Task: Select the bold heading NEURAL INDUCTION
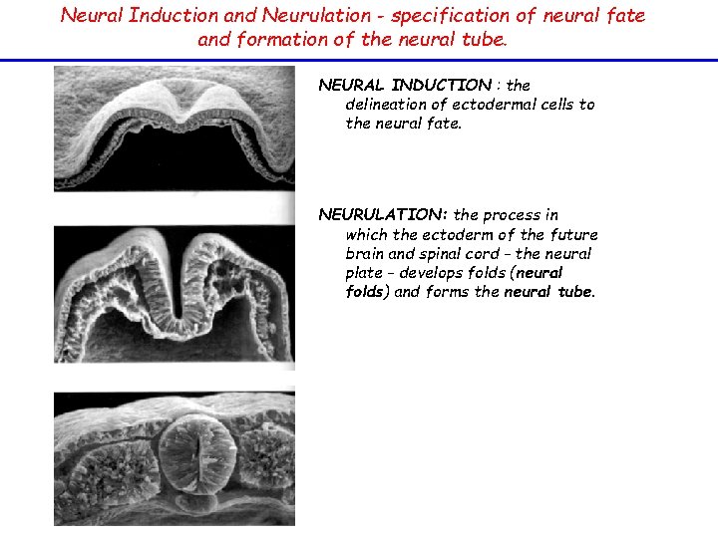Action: pyautogui.click(x=405, y=86)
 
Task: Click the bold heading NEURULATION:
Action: pyautogui.click(x=383, y=215)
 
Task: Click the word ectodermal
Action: pyautogui.click(x=489, y=105)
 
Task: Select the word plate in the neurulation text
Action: pyautogui.click(x=364, y=273)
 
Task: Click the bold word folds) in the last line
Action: pyautogui.click(x=368, y=292)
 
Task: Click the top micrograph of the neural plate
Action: pyautogui.click(x=175, y=128)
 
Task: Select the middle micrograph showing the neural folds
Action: pyautogui.click(x=175, y=294)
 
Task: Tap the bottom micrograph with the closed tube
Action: pyautogui.click(x=175, y=458)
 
